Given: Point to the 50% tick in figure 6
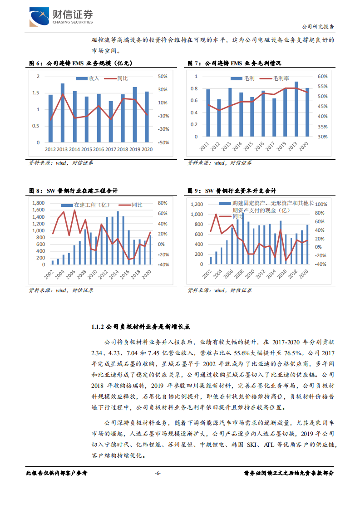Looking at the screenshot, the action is click(163, 76).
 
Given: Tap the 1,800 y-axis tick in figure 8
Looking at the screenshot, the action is click(38, 203).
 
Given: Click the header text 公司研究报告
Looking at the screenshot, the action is click(318, 26).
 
